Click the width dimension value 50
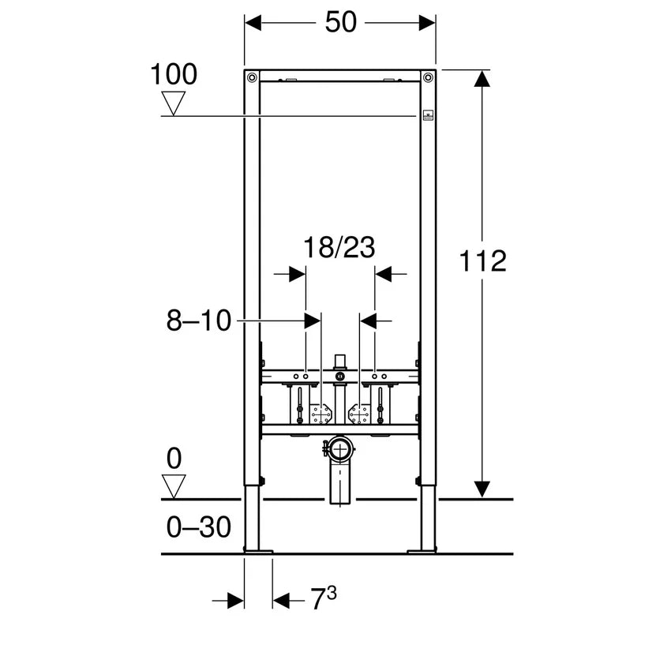coord(340,23)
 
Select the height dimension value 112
coord(482,260)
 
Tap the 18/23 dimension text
coord(339,248)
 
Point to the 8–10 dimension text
coord(198,321)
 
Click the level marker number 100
coord(174,75)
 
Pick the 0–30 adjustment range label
coord(199,527)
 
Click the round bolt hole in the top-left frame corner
coord(252,77)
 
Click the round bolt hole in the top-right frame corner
coord(428,77)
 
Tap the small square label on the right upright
coord(428,114)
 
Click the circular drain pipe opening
coord(341,452)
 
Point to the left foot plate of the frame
coord(258,550)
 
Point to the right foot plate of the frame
coord(422,550)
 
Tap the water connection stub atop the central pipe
coord(340,362)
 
